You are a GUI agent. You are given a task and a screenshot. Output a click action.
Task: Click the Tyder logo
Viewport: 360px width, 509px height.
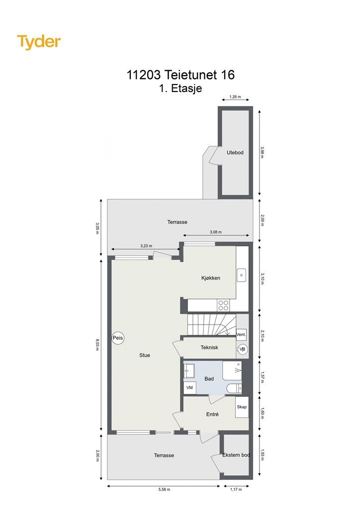pos(39,42)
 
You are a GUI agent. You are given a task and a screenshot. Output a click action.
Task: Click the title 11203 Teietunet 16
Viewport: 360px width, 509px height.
pos(180,75)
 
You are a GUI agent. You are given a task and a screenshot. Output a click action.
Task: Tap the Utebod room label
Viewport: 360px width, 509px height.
pos(235,153)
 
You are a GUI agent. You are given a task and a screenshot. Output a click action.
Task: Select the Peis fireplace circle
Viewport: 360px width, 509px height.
pos(118,338)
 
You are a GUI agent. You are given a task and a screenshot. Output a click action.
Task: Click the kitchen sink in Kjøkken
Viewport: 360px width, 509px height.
pos(242,274)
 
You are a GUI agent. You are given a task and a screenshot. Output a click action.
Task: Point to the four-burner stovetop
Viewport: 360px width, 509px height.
pos(223,305)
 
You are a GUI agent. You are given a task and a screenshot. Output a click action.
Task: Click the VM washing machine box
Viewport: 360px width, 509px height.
pos(189,388)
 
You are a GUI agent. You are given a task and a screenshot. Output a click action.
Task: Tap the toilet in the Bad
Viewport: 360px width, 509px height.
pos(234,388)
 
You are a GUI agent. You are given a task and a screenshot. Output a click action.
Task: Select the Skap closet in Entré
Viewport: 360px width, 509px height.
pos(242,407)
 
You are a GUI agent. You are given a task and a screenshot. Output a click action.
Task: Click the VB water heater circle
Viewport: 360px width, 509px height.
pos(242,349)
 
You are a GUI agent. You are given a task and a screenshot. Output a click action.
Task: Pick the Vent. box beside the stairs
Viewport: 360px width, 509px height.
pos(241,334)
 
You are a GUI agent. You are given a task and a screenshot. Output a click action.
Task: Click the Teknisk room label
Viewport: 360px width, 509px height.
pos(209,347)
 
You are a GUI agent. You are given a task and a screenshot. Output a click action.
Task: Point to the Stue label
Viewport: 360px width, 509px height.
pos(145,355)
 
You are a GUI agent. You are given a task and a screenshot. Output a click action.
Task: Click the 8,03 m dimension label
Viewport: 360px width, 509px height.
pos(97,344)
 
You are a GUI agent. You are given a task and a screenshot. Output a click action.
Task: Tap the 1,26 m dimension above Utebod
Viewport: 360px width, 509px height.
pos(235,96)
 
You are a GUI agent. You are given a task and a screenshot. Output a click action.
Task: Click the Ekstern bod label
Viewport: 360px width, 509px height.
pos(236,455)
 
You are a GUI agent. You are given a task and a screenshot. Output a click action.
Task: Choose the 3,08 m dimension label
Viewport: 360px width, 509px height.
pos(215,232)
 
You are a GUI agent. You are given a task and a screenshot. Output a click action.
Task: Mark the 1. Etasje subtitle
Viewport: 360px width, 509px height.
pos(180,88)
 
